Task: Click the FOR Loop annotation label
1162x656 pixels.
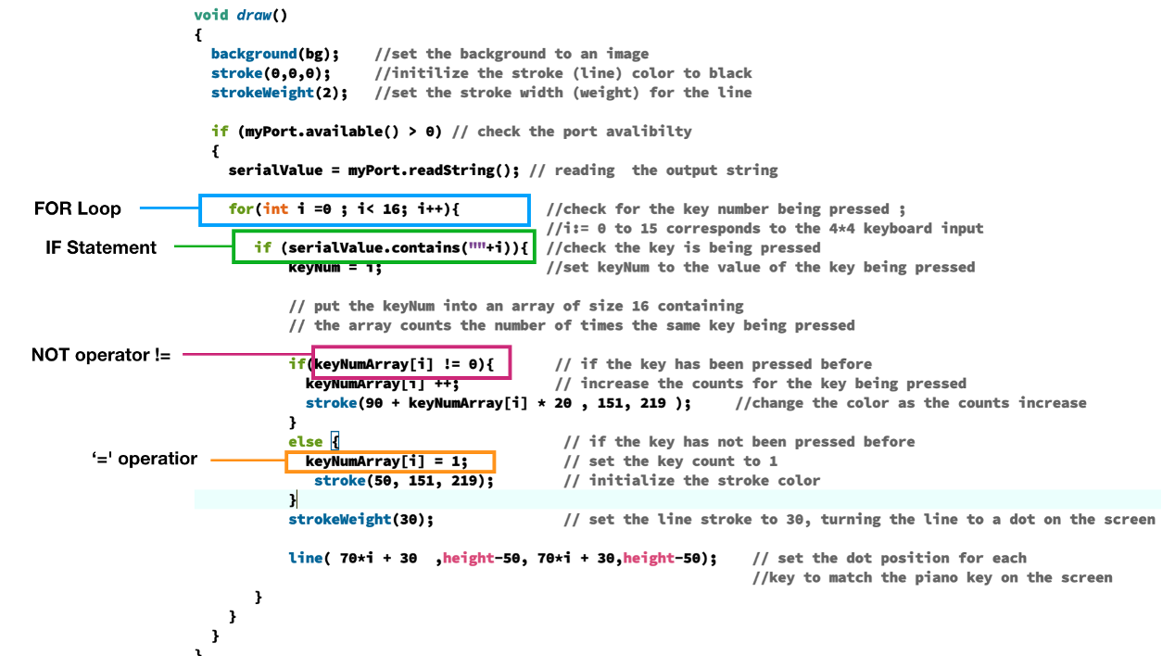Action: coord(78,208)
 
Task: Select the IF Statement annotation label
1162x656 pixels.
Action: coord(101,247)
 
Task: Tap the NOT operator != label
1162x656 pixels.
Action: coord(101,355)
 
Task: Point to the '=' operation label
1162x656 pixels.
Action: coord(145,459)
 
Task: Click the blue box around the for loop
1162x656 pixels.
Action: coord(364,196)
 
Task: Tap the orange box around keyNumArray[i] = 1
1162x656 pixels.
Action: coord(390,451)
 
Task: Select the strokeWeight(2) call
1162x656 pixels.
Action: coord(277,93)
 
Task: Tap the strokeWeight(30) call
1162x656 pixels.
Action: coord(360,520)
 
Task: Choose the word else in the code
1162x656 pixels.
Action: coord(305,442)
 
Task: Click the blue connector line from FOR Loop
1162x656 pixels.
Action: coord(170,208)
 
